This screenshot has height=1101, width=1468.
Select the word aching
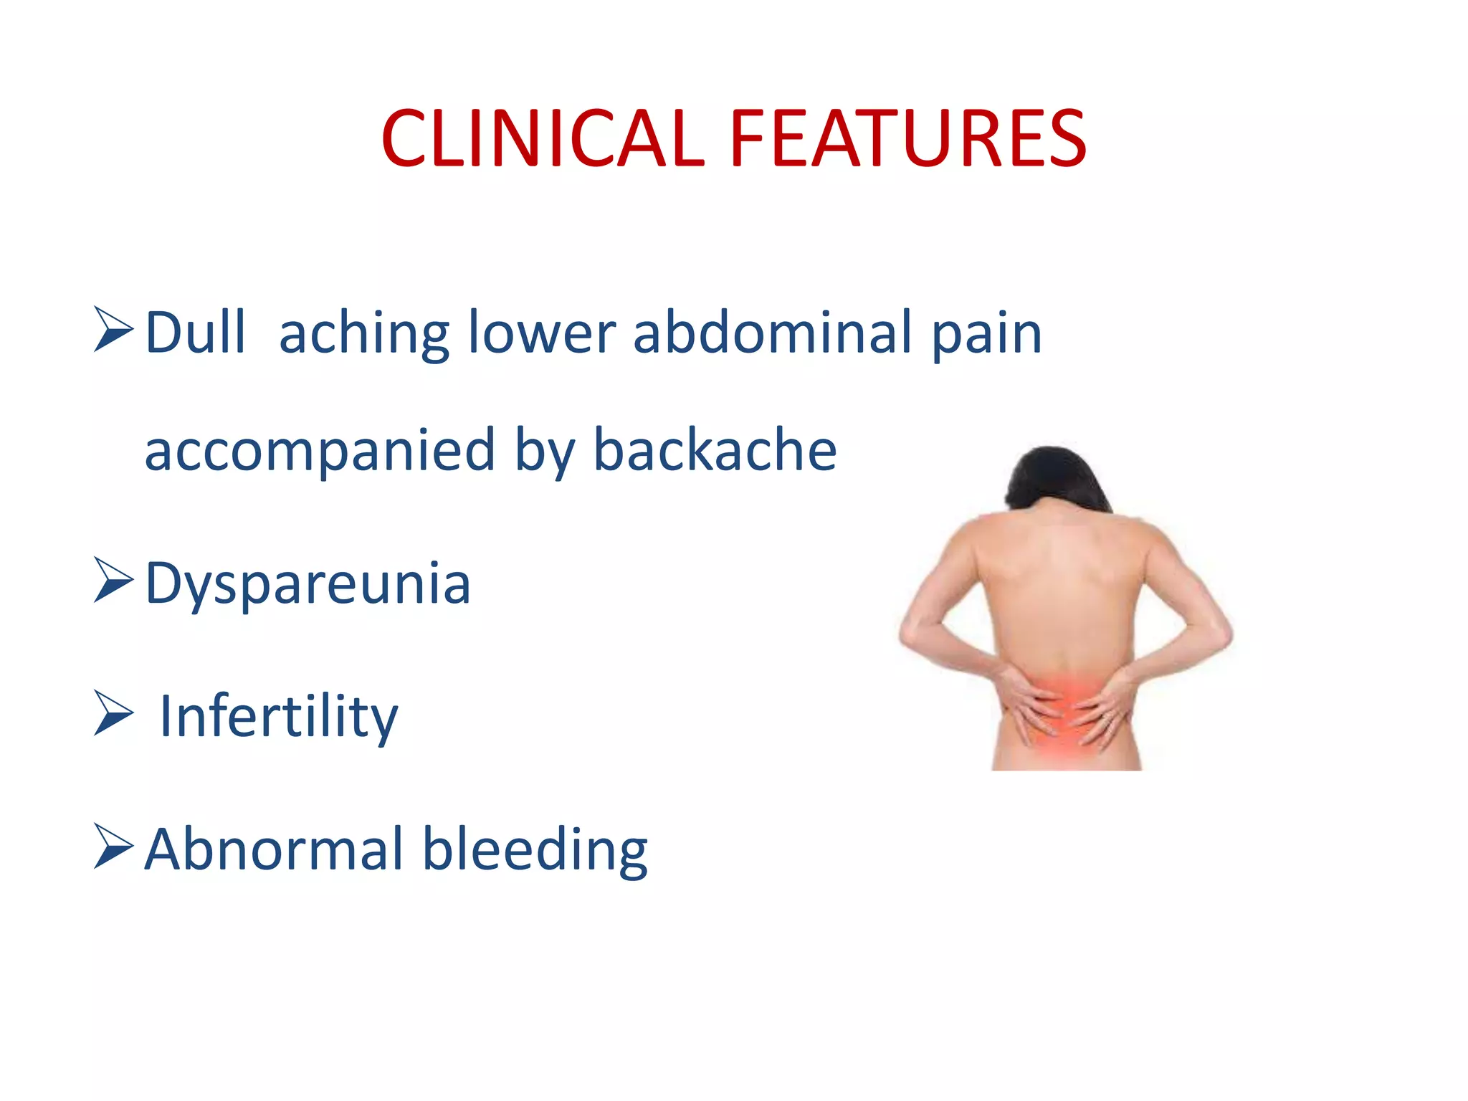(x=364, y=334)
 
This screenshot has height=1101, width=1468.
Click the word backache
(x=715, y=449)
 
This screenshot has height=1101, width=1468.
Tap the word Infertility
(x=278, y=716)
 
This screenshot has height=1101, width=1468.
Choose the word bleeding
(x=535, y=850)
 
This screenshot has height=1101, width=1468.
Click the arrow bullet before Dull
(x=113, y=330)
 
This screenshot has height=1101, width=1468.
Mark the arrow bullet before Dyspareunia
(x=113, y=581)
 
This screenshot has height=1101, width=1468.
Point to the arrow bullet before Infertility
(x=113, y=713)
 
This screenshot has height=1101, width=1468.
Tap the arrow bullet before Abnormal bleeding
(x=113, y=847)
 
